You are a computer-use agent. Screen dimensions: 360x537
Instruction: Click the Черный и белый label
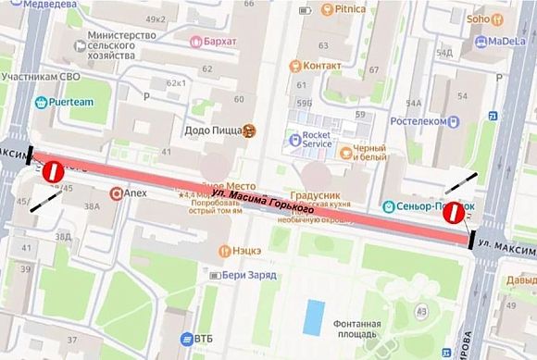[373, 155]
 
